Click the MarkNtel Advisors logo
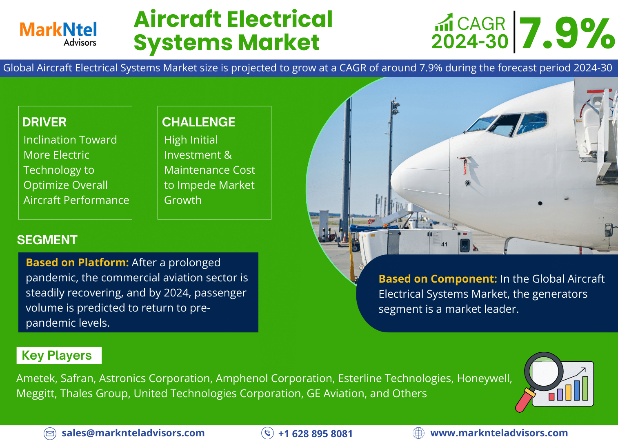coord(58,34)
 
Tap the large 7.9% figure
coord(567,33)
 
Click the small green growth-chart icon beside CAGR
coord(444,22)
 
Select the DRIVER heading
coord(44,122)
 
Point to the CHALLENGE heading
coord(199,122)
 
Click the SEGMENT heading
coord(47,240)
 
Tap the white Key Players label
coord(59,355)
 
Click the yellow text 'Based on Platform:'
coord(77,263)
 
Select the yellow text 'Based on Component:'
coord(438,279)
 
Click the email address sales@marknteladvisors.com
coord(133,433)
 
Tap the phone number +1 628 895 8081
coord(316,433)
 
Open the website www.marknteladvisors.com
coord(499,433)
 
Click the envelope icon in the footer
coord(50,433)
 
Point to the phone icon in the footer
coord(267,433)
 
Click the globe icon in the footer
coord(418,433)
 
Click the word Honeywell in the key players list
coord(485,378)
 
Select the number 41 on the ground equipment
coord(444,244)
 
